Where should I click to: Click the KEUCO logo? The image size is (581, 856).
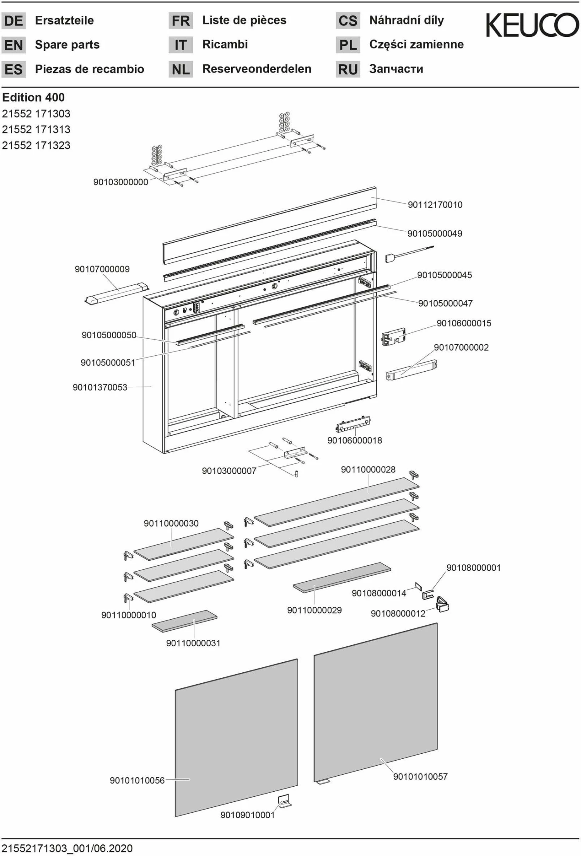click(532, 25)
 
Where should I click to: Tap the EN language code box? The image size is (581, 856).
click(14, 45)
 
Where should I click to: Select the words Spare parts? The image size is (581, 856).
click(67, 45)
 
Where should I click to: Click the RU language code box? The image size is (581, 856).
click(348, 69)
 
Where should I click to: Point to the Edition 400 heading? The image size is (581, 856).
click(33, 97)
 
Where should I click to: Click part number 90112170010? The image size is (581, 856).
click(435, 205)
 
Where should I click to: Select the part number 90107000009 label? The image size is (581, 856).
click(102, 269)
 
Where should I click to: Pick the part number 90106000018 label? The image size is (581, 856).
click(354, 440)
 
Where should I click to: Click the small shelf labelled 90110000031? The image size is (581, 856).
click(184, 621)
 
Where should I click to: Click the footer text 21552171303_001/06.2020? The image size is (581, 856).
click(67, 848)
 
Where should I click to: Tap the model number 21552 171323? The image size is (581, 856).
click(36, 145)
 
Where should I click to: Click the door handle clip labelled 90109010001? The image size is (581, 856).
click(284, 801)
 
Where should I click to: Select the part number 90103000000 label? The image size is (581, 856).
click(120, 182)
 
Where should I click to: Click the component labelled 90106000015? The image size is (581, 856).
click(393, 336)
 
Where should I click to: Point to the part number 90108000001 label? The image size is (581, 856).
click(473, 568)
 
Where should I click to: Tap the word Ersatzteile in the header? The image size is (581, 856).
click(64, 20)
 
